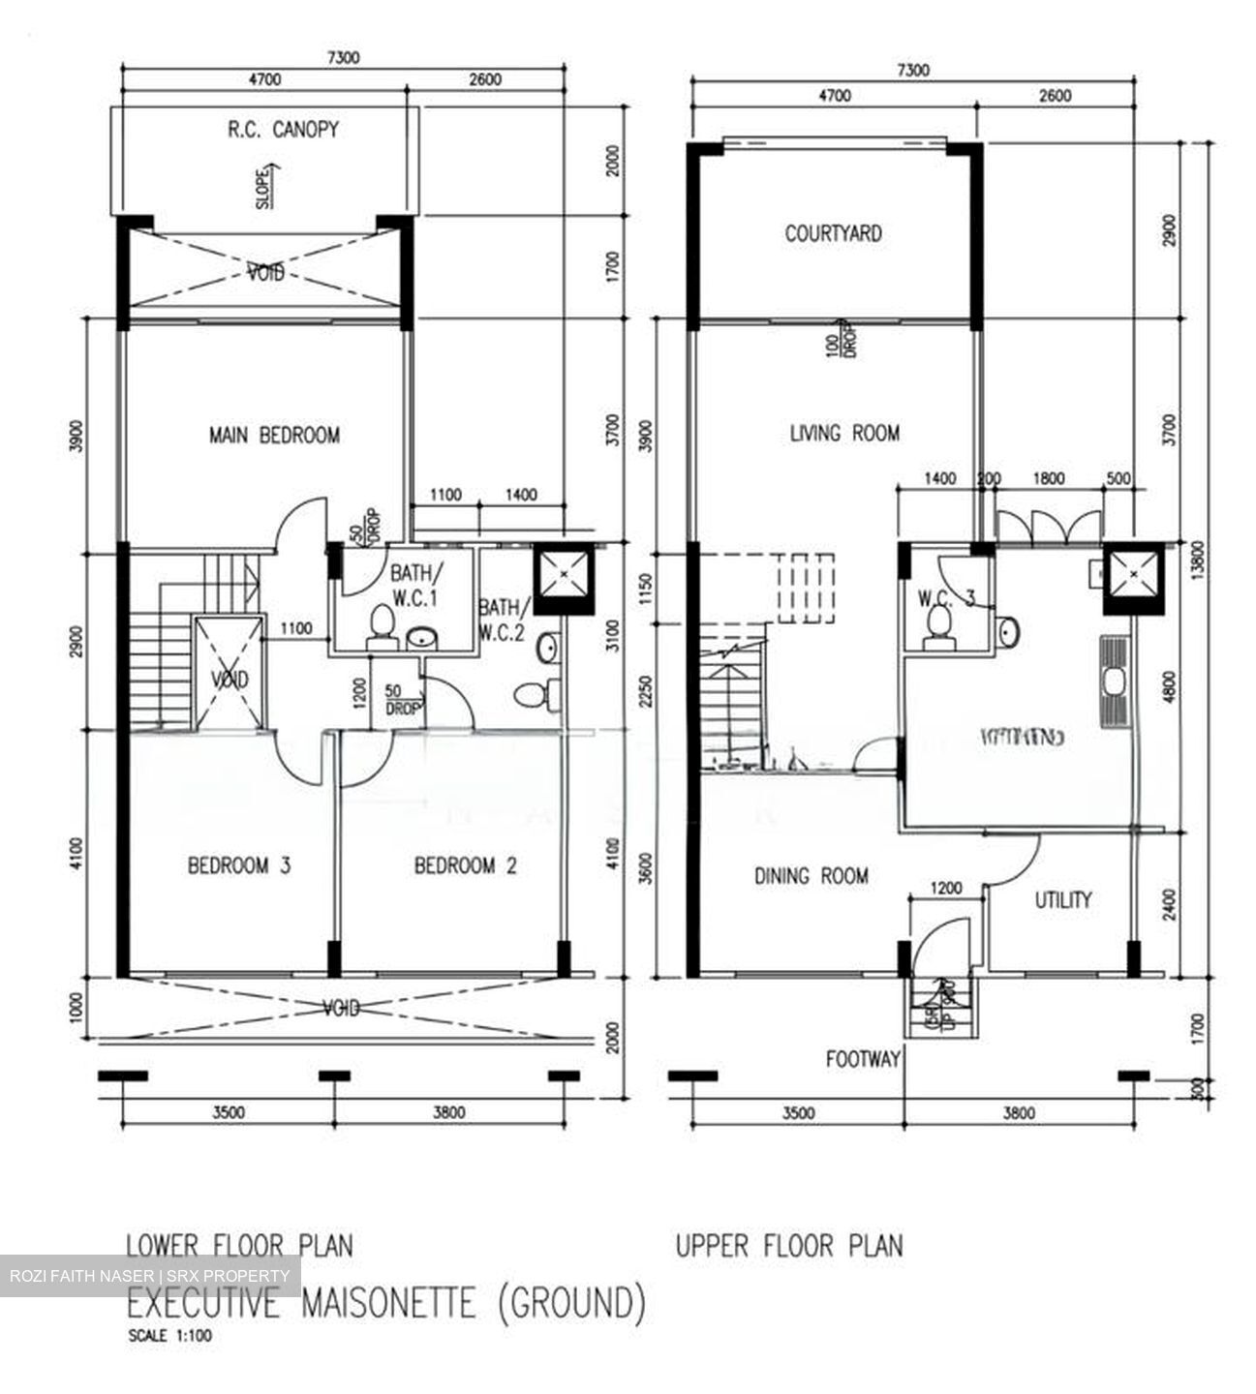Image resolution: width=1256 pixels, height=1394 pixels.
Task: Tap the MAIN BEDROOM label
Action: pos(274,436)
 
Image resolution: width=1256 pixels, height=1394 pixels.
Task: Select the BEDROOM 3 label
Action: pos(239,865)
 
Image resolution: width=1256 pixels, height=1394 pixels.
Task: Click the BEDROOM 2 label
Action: pos(465,865)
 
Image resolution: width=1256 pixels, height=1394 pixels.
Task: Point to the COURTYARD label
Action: pos(833,233)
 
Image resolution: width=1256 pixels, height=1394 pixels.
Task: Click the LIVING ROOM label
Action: pos(843,433)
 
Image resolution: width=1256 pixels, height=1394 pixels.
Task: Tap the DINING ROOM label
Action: pos(811,876)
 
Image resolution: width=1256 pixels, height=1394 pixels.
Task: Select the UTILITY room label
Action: pos(1062,900)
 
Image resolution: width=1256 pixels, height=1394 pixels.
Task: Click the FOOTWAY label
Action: pos(863,1059)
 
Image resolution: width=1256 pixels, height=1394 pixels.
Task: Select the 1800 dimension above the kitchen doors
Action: pos(1048,478)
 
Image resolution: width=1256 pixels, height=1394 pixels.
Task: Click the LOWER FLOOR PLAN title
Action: pos(239,1244)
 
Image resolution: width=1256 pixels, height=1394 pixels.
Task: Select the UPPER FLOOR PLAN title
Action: pos(788,1245)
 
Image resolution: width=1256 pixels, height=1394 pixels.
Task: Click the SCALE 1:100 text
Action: pos(169,1337)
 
